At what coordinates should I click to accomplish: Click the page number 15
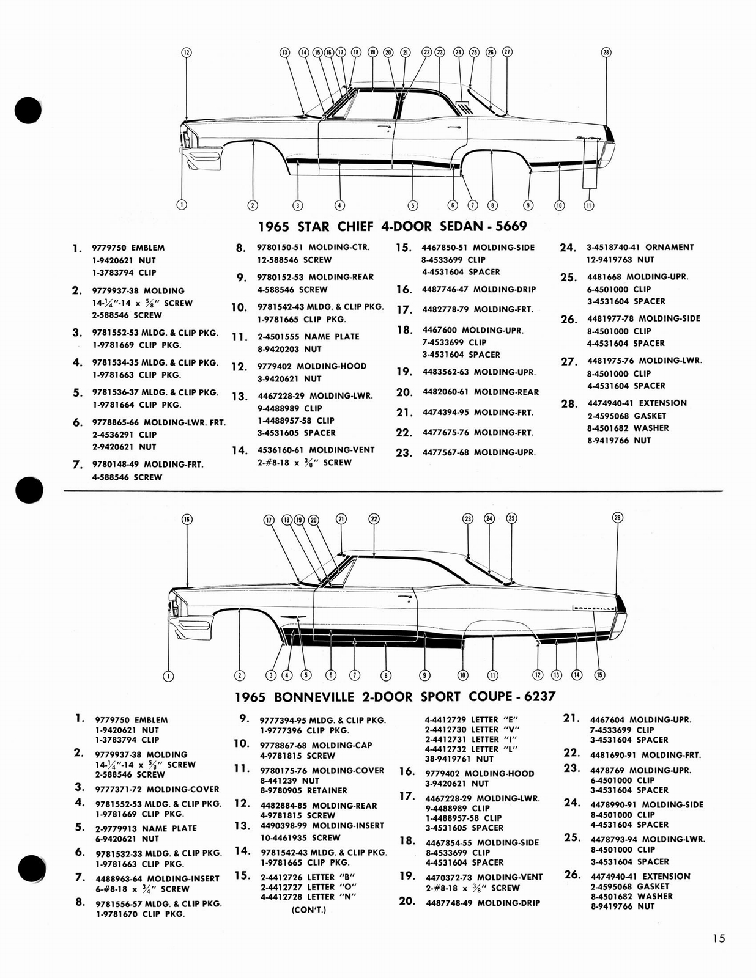tap(718, 938)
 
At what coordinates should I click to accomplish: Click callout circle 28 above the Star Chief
tap(606, 53)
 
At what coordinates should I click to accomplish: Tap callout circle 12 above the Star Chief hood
tap(187, 53)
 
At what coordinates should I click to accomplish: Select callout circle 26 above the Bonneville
tap(617, 518)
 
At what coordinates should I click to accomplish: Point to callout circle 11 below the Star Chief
tap(588, 205)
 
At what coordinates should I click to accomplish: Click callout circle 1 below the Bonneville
tap(169, 675)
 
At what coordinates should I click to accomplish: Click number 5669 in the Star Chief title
tap(511, 226)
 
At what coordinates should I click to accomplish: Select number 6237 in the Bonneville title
tap(539, 696)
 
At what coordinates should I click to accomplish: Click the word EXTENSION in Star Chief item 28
tap(664, 403)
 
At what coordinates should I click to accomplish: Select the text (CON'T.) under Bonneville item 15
tap(309, 910)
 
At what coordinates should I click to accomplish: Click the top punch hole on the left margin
tap(28, 111)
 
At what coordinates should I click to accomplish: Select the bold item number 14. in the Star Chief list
tap(239, 450)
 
